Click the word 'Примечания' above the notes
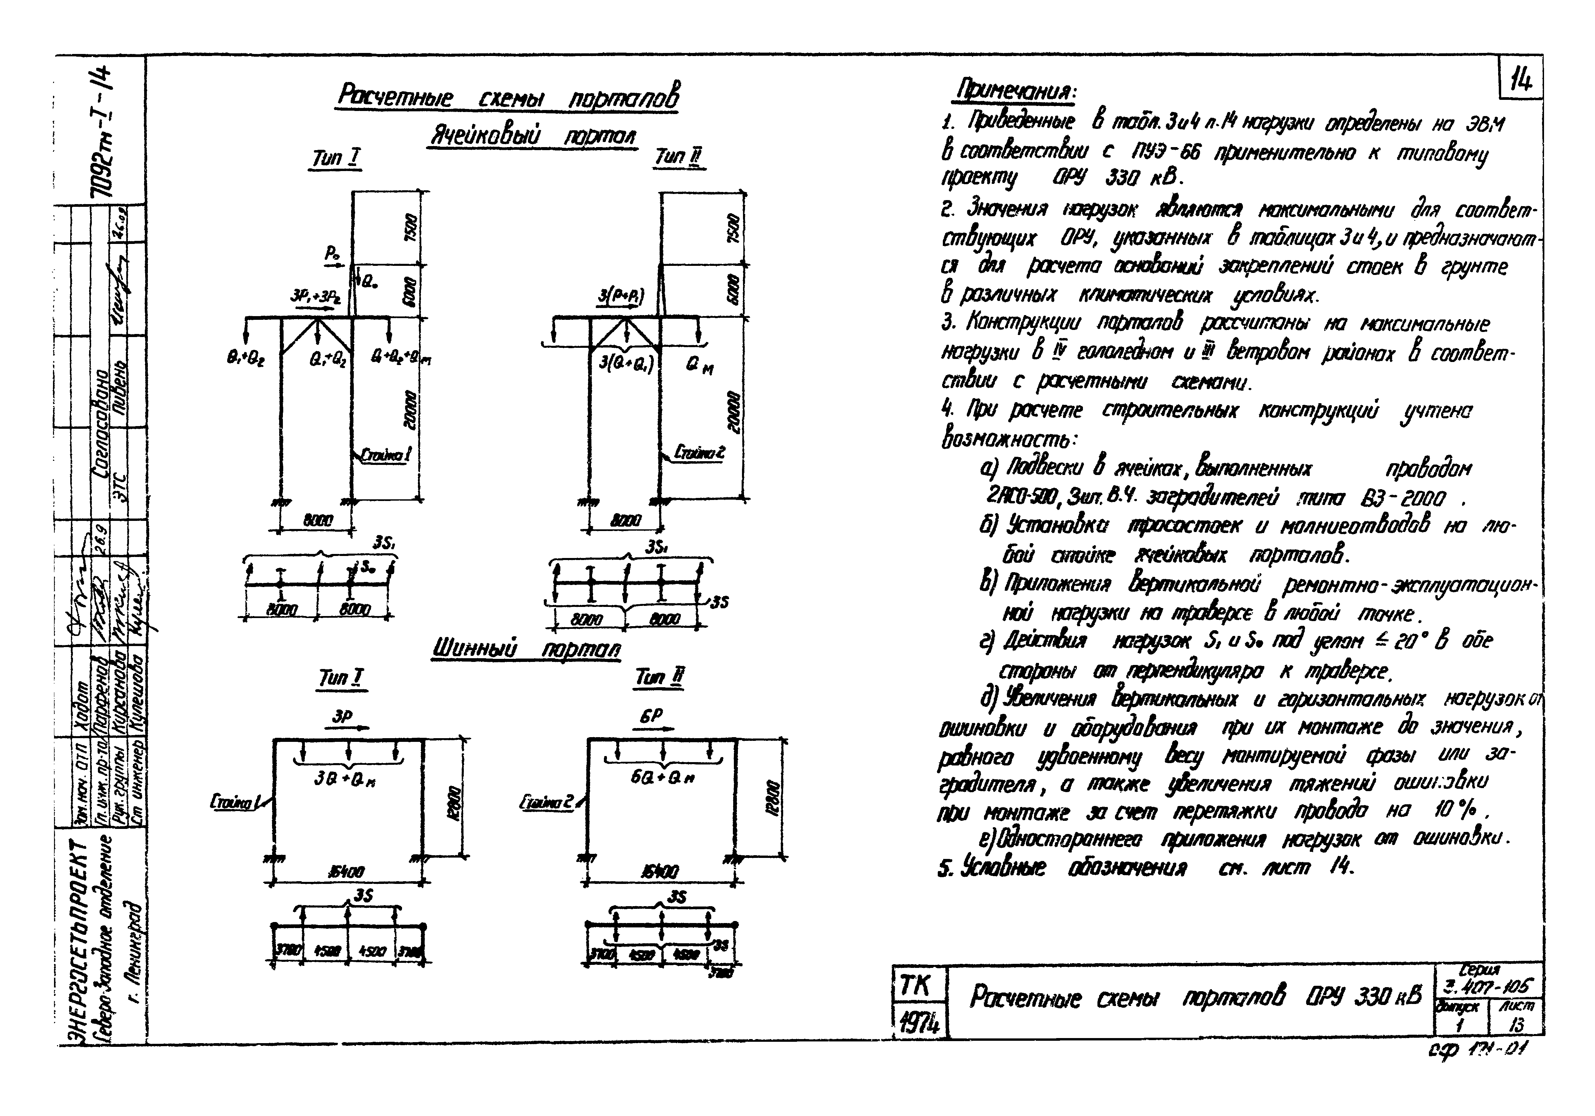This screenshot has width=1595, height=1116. click(x=1016, y=90)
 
